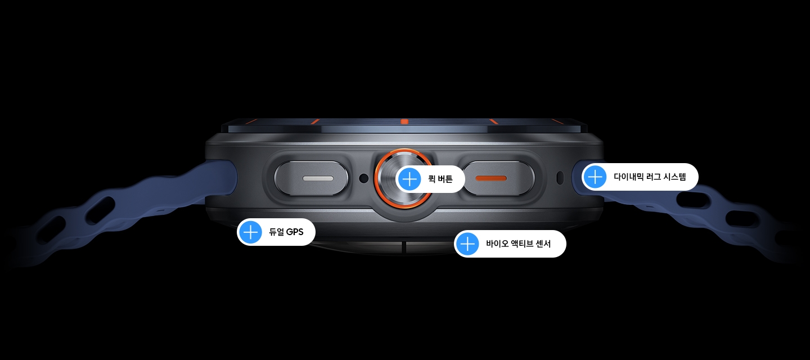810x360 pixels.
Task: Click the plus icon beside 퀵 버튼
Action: pyautogui.click(x=409, y=179)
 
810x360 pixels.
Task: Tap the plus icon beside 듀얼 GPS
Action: pyautogui.click(x=251, y=232)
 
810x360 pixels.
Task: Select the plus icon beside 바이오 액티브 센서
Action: pyautogui.click(x=467, y=244)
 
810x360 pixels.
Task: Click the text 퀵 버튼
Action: pyautogui.click(x=440, y=179)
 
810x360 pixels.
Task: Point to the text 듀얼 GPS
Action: pyautogui.click(x=286, y=232)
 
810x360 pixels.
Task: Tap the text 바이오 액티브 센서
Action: pyautogui.click(x=518, y=244)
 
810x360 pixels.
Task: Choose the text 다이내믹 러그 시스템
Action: pyautogui.click(x=650, y=177)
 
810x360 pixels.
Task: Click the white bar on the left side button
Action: pyautogui.click(x=318, y=178)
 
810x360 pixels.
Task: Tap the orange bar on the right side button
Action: pyautogui.click(x=490, y=178)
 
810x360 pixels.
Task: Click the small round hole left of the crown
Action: pyautogui.click(x=364, y=178)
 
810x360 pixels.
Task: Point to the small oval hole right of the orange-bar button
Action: pyautogui.click(x=560, y=178)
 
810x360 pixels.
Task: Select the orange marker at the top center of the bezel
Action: pyautogui.click(x=404, y=122)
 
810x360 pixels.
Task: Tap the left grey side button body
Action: pyautogui.click(x=312, y=178)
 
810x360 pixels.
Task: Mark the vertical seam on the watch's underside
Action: pyautogui.click(x=404, y=247)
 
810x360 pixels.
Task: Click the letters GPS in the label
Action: pyautogui.click(x=295, y=232)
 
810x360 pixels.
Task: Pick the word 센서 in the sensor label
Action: pyautogui.click(x=542, y=244)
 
